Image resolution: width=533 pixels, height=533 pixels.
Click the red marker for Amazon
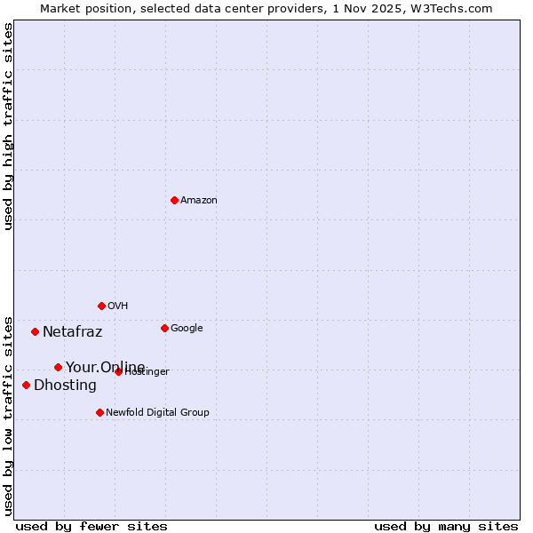tap(174, 200)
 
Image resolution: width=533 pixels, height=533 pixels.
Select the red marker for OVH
tap(101, 306)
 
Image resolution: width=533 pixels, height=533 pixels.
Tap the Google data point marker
tap(164, 328)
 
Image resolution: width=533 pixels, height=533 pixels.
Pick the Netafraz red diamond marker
tap(35, 331)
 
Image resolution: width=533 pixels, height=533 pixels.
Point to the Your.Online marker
tap(58, 367)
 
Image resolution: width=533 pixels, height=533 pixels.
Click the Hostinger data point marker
tap(118, 371)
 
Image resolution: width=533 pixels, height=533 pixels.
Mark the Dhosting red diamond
tap(26, 385)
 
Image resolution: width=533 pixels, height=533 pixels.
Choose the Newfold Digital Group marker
tap(99, 412)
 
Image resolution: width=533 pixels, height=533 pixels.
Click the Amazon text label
tap(199, 201)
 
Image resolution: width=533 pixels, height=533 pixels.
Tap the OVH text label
tap(118, 306)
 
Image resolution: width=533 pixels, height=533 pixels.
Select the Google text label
tap(187, 329)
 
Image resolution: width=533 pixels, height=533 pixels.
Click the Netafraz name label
tap(73, 332)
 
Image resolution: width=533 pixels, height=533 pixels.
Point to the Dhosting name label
tap(65, 386)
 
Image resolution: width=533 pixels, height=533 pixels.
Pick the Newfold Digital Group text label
tap(157, 413)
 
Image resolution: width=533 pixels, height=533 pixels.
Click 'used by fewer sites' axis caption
tap(91, 527)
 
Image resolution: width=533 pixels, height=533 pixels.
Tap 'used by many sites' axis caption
tap(446, 527)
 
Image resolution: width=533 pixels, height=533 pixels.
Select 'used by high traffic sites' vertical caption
tap(8, 126)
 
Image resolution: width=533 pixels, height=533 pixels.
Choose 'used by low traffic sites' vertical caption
tap(8, 415)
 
